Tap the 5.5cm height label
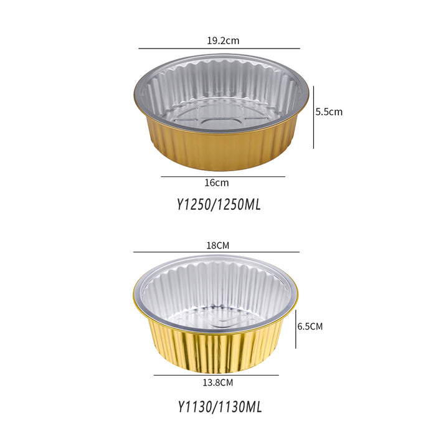(329, 112)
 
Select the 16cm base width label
(216, 183)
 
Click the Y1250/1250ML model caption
(217, 204)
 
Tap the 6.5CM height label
(310, 326)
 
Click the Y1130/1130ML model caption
(217, 407)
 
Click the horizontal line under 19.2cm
(219, 48)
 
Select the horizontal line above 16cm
(222, 177)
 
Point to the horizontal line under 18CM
(217, 252)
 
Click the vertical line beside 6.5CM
(296, 327)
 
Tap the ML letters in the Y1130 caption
(252, 407)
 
